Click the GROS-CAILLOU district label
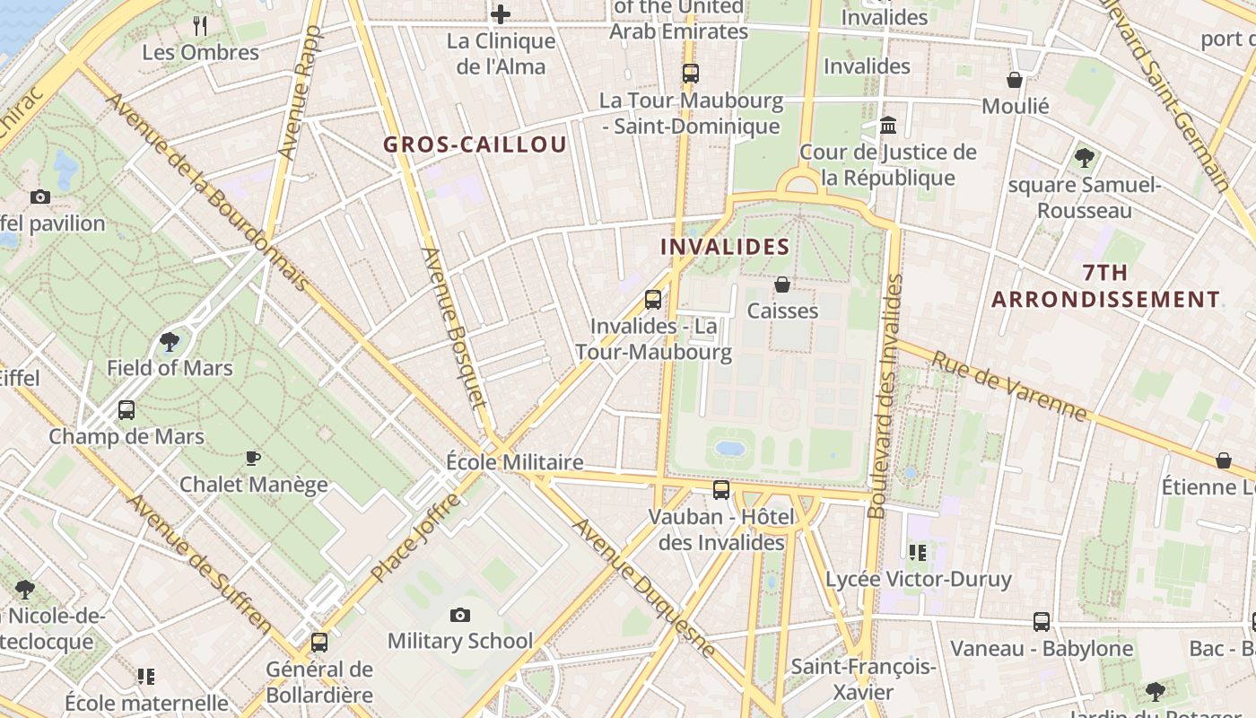(x=475, y=144)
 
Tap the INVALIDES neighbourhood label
(x=725, y=247)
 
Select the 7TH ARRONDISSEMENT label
(x=1105, y=286)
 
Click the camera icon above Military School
(x=460, y=615)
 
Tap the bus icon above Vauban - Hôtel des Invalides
(x=721, y=490)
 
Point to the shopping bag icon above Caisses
(x=782, y=285)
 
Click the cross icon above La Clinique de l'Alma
(x=501, y=14)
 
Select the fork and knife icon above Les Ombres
(x=200, y=26)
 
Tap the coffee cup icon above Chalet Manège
(x=253, y=458)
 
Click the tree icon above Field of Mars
(x=169, y=342)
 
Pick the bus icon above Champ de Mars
(x=126, y=410)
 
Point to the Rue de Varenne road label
(x=1008, y=386)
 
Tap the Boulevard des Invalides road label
(x=884, y=395)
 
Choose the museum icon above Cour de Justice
(x=888, y=126)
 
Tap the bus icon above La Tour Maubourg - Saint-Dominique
(x=690, y=74)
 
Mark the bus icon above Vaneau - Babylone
(x=1042, y=621)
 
